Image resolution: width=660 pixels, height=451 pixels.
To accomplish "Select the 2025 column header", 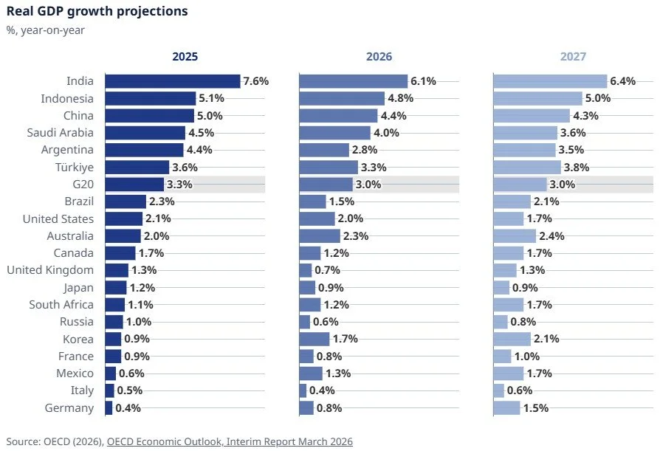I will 185,56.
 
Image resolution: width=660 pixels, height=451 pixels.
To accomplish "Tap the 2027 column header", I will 573,56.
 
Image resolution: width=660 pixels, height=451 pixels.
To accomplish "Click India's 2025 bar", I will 173,81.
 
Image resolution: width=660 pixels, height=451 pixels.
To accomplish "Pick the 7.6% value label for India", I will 255,81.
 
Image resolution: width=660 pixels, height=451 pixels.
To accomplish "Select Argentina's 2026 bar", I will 324,150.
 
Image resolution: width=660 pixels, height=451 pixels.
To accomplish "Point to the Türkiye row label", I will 72,167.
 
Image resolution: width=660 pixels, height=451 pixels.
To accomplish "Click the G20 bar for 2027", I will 520,185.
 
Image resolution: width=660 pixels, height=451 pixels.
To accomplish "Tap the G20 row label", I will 80,185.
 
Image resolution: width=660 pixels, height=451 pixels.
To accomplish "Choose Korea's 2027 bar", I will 512,339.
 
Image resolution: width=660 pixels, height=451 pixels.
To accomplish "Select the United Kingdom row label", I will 50,270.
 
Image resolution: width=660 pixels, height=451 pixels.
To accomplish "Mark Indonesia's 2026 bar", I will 342,98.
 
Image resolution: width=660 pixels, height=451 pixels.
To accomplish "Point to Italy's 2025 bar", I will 110,390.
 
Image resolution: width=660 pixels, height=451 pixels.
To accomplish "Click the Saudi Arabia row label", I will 61,133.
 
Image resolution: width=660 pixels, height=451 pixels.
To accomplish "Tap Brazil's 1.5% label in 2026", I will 341,202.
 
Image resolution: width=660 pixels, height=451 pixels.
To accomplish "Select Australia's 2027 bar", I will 515,236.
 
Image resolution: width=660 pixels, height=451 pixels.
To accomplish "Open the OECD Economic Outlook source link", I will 230,441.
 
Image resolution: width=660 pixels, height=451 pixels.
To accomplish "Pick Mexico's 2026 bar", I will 311,373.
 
